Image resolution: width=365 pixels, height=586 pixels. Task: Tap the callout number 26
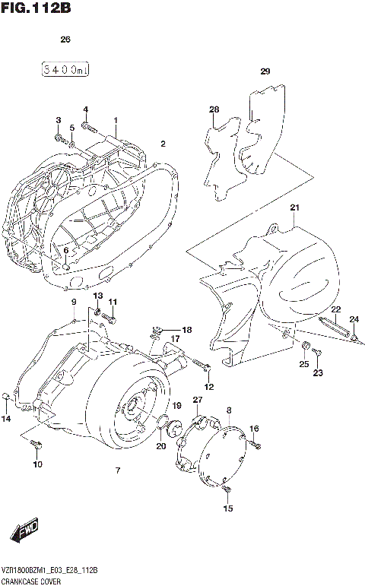(65, 40)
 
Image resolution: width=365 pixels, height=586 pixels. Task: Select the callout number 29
(265, 72)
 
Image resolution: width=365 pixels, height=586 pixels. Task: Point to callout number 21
(295, 207)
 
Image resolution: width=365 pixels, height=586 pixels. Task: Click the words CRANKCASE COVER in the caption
(31, 579)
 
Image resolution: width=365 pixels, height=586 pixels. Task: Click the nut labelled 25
(304, 349)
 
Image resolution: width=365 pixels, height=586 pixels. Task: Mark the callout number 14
(6, 419)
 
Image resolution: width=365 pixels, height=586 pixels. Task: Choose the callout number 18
(187, 329)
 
